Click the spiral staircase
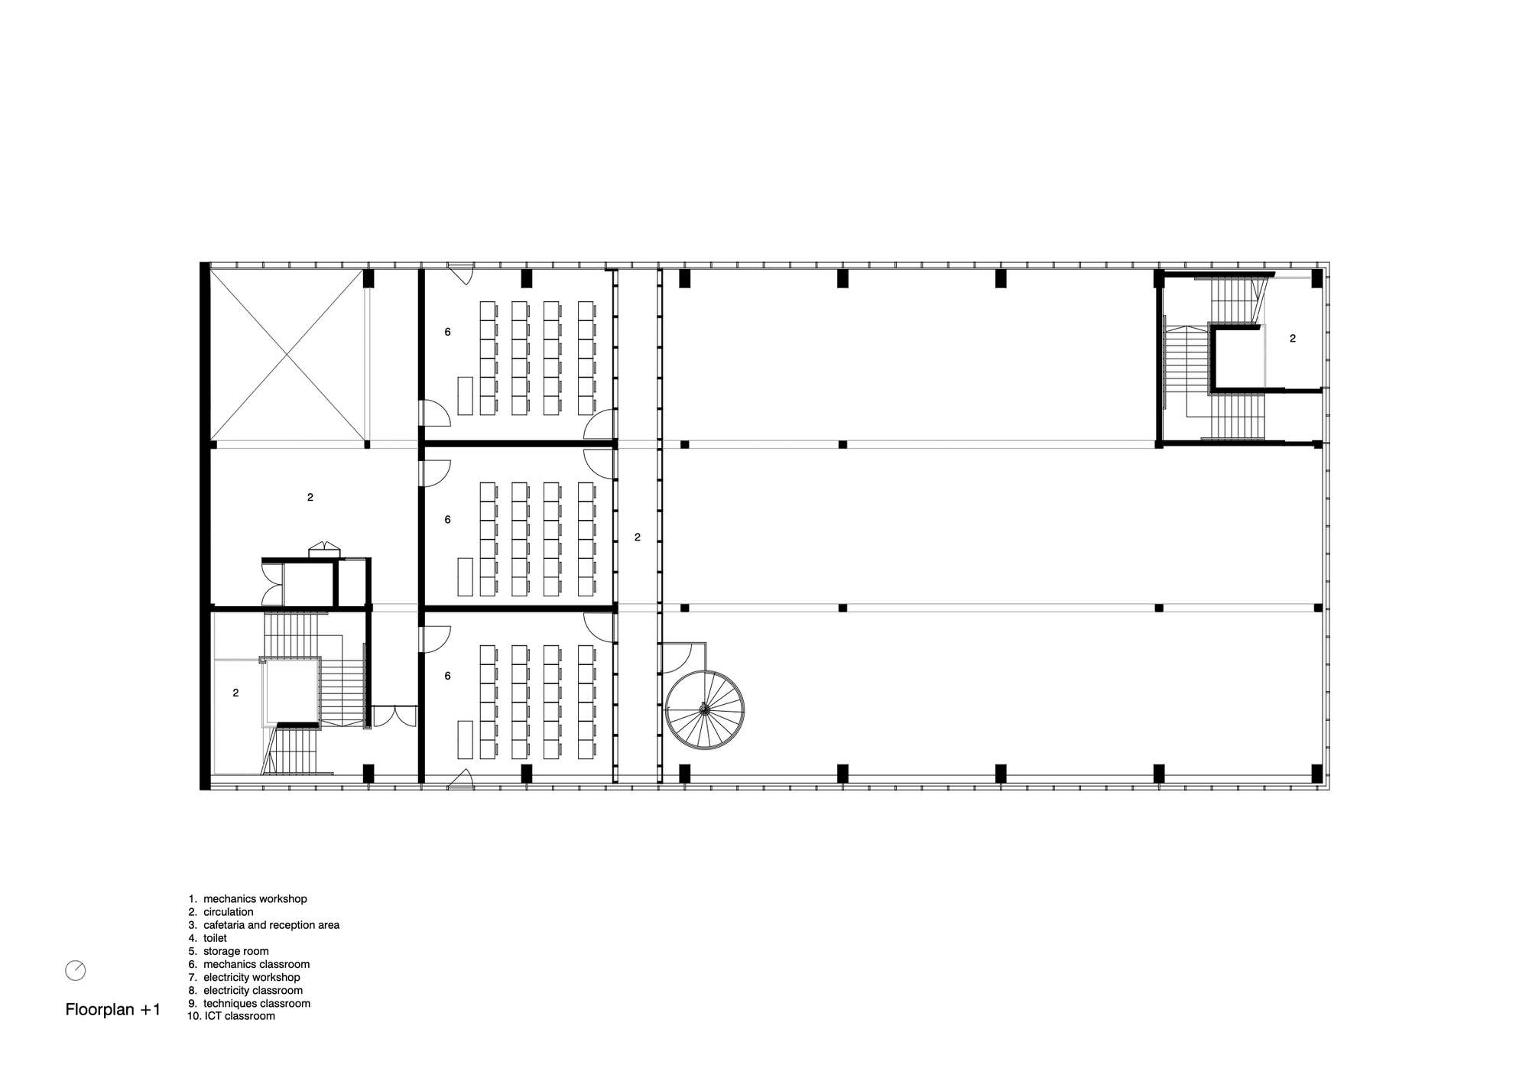click(704, 710)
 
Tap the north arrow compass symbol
click(76, 970)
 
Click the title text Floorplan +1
click(113, 1009)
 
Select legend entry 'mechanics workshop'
click(255, 899)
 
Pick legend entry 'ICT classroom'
click(239, 1016)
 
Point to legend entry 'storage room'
click(235, 951)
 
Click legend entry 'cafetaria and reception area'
click(271, 925)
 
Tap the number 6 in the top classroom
click(447, 332)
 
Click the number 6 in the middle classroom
click(447, 520)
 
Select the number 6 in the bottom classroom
click(447, 676)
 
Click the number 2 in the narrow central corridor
click(638, 537)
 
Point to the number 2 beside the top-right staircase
click(1293, 338)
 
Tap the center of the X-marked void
click(287, 355)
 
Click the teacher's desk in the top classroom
click(465, 395)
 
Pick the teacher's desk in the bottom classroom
click(465, 739)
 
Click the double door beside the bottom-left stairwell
click(394, 716)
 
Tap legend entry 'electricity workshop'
click(251, 977)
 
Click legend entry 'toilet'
click(215, 938)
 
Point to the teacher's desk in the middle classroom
click(465, 576)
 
